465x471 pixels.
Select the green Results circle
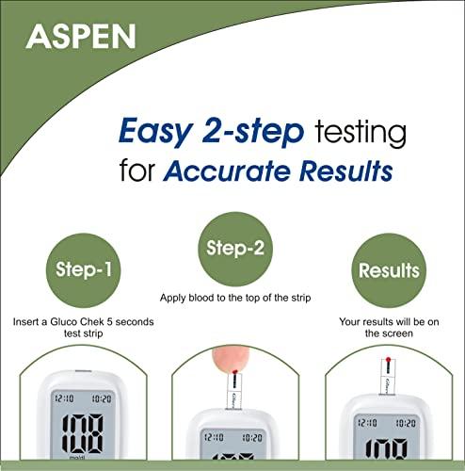[x=388, y=271]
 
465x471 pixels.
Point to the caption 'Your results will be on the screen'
[x=388, y=329]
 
